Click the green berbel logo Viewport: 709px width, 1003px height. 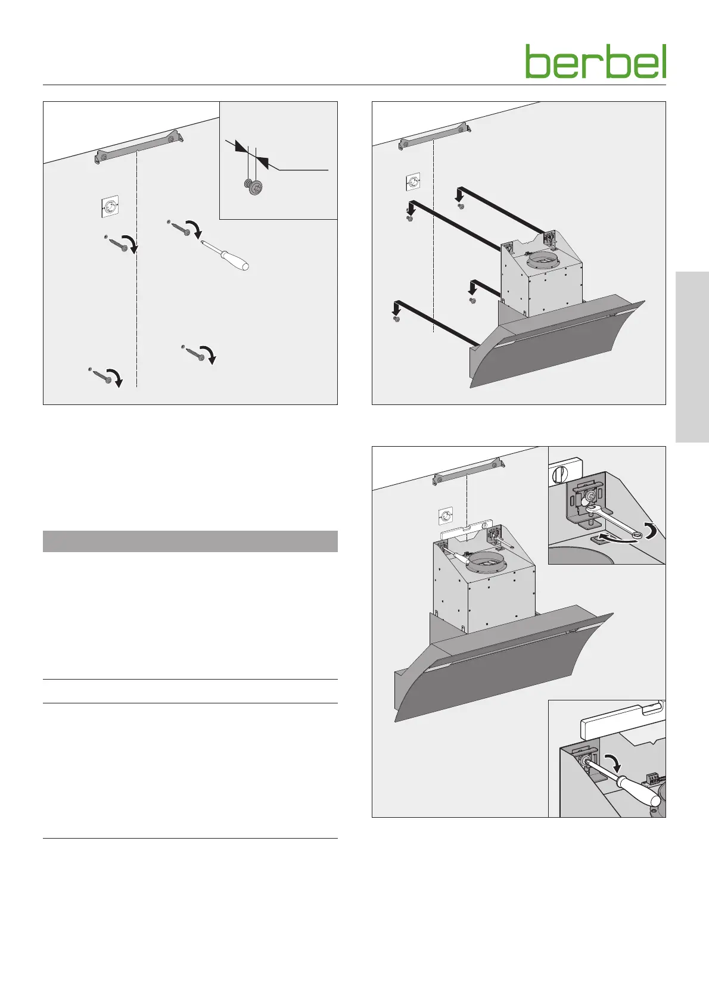pyautogui.click(x=596, y=61)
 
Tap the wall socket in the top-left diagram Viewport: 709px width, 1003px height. pyautogui.click(x=110, y=207)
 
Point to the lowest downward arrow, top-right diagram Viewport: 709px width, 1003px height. pyautogui.click(x=396, y=308)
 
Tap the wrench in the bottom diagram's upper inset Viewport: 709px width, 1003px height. pyautogui.click(x=612, y=519)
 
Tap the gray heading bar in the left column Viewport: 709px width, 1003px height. pyautogui.click(x=190, y=541)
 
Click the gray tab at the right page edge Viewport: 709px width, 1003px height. pyautogui.click(x=692, y=357)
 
